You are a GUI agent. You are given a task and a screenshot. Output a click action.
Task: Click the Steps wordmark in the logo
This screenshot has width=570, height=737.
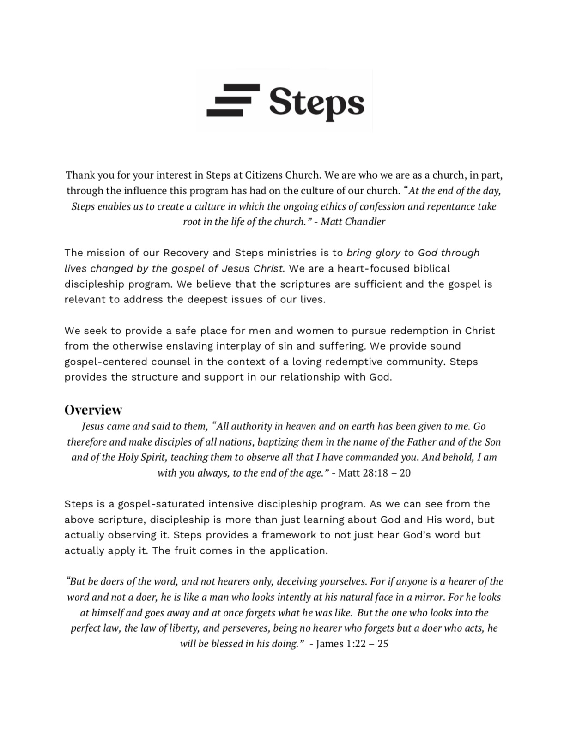click(316, 102)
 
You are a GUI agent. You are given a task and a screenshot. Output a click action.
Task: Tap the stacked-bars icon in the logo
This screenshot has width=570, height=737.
click(233, 100)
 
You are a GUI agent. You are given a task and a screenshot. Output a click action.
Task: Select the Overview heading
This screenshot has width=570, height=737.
click(93, 410)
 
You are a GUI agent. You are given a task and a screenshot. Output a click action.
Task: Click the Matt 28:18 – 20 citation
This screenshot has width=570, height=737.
click(374, 473)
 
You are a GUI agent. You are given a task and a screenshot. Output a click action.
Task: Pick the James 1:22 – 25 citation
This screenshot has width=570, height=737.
click(352, 644)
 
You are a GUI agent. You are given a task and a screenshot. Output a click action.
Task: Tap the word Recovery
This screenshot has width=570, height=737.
click(186, 253)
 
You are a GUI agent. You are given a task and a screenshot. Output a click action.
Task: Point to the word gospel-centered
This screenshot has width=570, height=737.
click(109, 362)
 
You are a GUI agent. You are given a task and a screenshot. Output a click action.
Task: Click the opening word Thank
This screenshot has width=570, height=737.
click(80, 175)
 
